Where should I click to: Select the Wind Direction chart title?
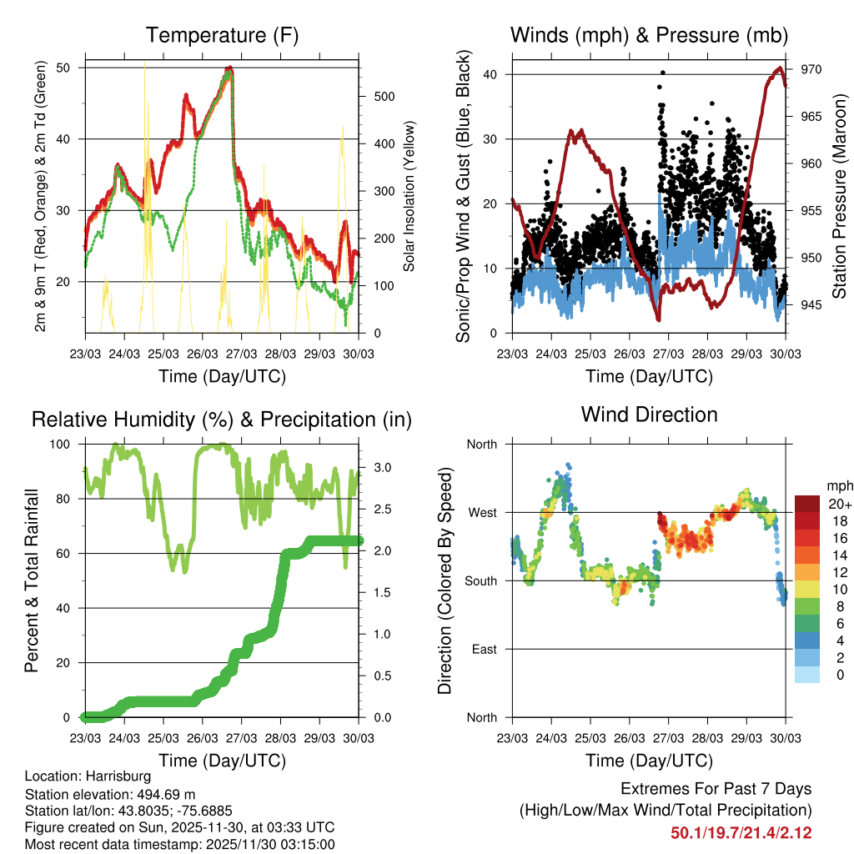649,414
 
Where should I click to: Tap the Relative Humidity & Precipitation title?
222,419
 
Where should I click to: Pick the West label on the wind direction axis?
481,512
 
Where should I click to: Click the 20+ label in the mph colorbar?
838,504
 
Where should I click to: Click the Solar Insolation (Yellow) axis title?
409,198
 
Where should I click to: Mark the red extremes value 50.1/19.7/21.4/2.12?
741,832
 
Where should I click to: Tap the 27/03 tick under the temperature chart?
241,353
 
